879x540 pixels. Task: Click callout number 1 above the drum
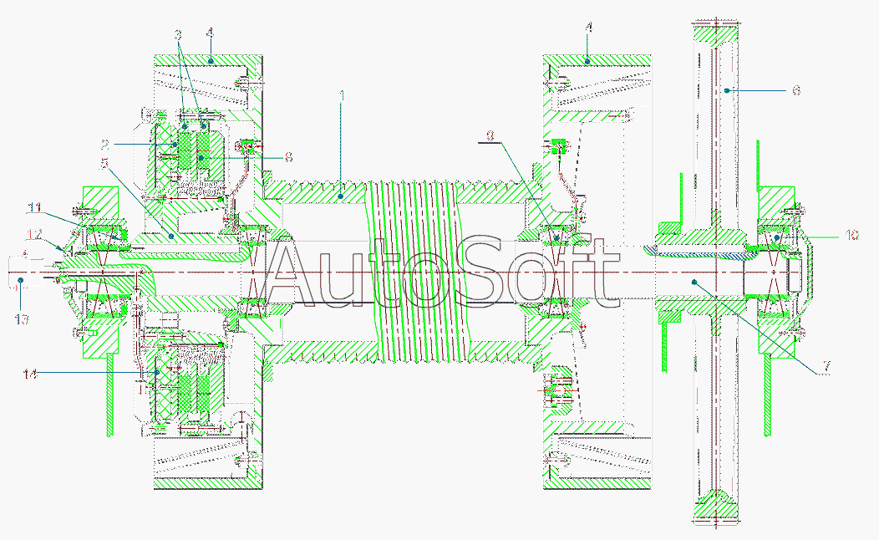click(342, 96)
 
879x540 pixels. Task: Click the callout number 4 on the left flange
click(210, 33)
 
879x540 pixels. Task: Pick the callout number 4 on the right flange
click(589, 28)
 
